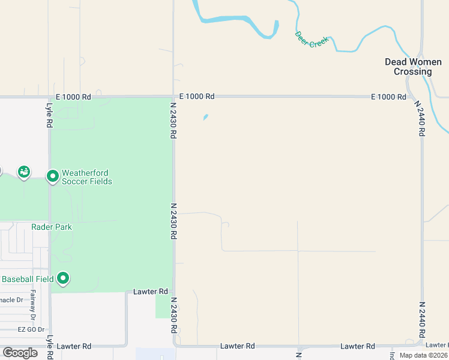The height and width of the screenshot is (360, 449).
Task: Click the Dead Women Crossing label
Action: (x=412, y=67)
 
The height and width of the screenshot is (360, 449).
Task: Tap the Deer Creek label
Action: (x=311, y=40)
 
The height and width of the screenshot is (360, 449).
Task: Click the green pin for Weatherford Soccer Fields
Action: (x=53, y=176)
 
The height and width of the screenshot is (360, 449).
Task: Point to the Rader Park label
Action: (x=52, y=227)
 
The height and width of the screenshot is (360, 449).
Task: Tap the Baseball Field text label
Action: (x=28, y=279)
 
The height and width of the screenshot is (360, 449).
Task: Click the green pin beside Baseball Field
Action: (x=63, y=278)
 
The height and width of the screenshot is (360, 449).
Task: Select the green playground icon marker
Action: (x=24, y=173)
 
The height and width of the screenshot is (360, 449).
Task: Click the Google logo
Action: (x=20, y=353)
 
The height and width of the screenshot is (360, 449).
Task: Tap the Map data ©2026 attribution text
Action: (x=423, y=355)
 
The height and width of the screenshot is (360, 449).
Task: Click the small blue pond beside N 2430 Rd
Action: (x=205, y=117)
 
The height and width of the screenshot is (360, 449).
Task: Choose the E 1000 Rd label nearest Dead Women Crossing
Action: (x=388, y=97)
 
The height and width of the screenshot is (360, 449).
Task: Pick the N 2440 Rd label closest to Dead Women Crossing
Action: (x=420, y=118)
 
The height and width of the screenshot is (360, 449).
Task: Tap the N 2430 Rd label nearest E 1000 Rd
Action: (x=173, y=120)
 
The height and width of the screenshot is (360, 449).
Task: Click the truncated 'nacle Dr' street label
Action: (x=11, y=300)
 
